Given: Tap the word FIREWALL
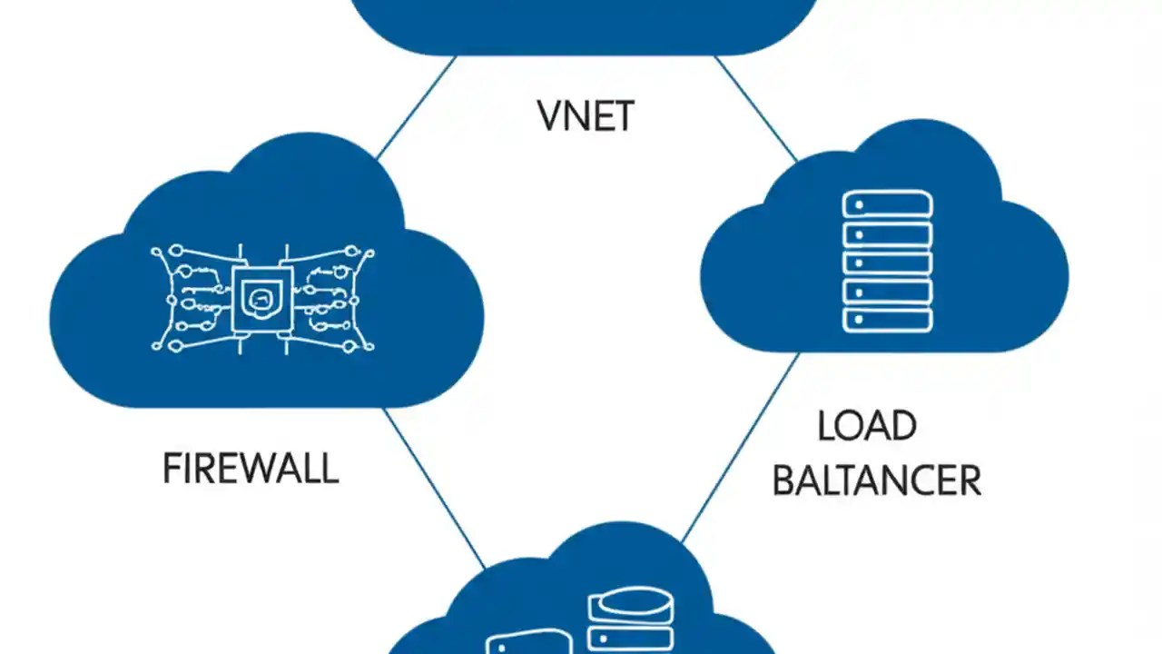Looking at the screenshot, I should pyautogui.click(x=251, y=470).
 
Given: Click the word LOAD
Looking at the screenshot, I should pyautogui.click(x=867, y=426).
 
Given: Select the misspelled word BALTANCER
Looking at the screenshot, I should pyautogui.click(x=876, y=481).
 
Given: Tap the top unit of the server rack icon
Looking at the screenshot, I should pyautogui.click(x=887, y=204).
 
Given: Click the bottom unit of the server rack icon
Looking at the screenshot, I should pyautogui.click(x=887, y=320).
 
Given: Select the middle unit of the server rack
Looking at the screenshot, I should pyautogui.click(x=887, y=262).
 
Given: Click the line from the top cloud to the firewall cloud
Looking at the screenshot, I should pyautogui.click(x=416, y=107).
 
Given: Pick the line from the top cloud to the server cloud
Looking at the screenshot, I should pyautogui.click(x=755, y=107).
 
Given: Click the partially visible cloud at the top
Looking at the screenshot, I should pyautogui.click(x=581, y=23).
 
